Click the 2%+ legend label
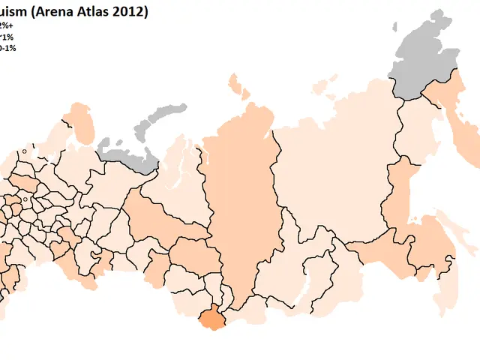(6, 25)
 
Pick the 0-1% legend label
(7, 47)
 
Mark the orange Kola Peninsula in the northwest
(80, 120)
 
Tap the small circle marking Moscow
(25, 199)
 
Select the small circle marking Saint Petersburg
(25, 151)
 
